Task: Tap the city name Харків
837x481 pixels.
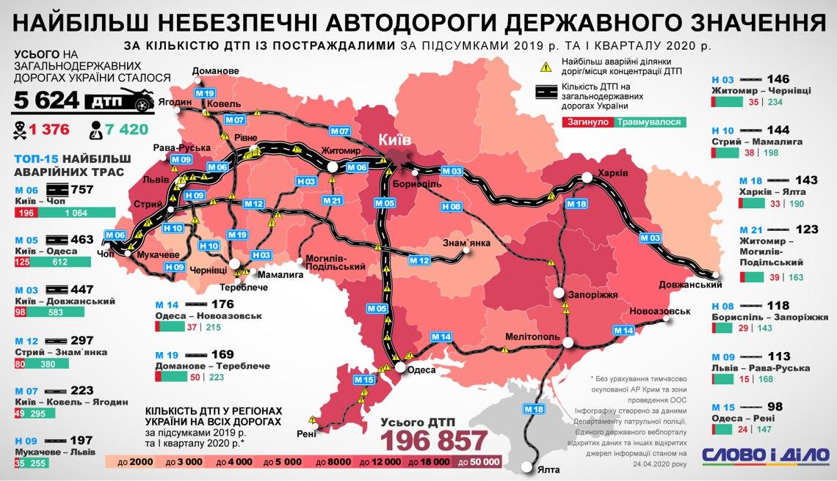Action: coord(612,173)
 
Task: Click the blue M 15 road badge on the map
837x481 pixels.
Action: coord(363,380)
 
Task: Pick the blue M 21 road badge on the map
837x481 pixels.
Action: coord(332,200)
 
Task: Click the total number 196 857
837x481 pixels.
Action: coord(433,441)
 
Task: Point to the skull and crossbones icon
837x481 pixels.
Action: coord(20,131)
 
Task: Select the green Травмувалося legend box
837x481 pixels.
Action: coord(648,122)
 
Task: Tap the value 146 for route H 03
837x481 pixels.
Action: coord(777,79)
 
